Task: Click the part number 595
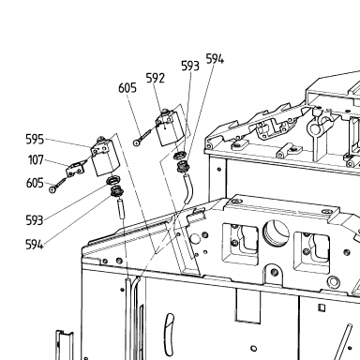click(x=35, y=139)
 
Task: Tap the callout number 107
click(x=36, y=160)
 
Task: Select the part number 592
click(x=156, y=78)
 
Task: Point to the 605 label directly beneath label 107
click(x=35, y=183)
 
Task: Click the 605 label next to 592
click(x=127, y=88)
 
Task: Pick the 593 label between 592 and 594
click(x=190, y=66)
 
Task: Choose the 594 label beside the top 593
click(x=215, y=59)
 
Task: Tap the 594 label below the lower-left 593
click(x=34, y=245)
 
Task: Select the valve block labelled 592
click(x=170, y=127)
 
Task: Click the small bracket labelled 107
click(x=76, y=168)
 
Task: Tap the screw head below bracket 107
click(x=53, y=189)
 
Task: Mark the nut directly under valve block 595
click(x=113, y=180)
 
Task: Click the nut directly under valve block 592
click(x=180, y=155)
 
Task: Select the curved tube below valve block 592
click(x=189, y=189)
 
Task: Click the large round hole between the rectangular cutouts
click(x=276, y=232)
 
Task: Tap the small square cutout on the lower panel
click(x=322, y=307)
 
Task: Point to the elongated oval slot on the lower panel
click(x=169, y=334)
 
